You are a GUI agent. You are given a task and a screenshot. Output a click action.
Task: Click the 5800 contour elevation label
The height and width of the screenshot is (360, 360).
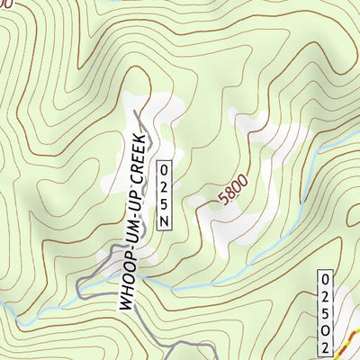coord(232,193)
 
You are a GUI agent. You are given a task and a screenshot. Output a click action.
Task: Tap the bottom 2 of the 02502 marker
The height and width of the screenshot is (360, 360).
coord(326,346)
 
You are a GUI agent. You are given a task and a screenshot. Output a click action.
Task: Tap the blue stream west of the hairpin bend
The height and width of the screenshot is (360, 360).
coord(36,311)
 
